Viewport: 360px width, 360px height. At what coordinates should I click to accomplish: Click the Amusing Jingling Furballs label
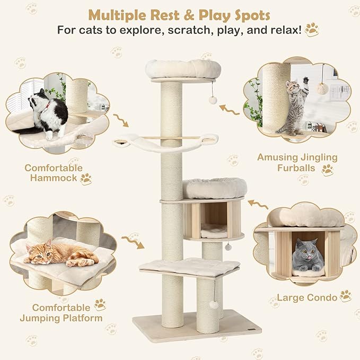pos(297,163)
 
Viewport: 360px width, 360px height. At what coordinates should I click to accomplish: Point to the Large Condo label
pos(306,297)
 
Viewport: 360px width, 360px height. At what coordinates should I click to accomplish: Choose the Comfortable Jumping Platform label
pos(60,313)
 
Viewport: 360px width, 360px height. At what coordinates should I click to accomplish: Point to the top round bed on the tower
pos(183,69)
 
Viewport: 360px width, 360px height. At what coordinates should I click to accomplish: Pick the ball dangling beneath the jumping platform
pos(214,304)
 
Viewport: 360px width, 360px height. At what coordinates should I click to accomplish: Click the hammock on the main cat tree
pos(165,142)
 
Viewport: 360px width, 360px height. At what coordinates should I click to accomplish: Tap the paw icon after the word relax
pos(312,29)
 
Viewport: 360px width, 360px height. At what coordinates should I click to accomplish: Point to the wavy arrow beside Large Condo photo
pos(258,205)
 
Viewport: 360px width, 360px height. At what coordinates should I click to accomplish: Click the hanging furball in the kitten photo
pos(322,89)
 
